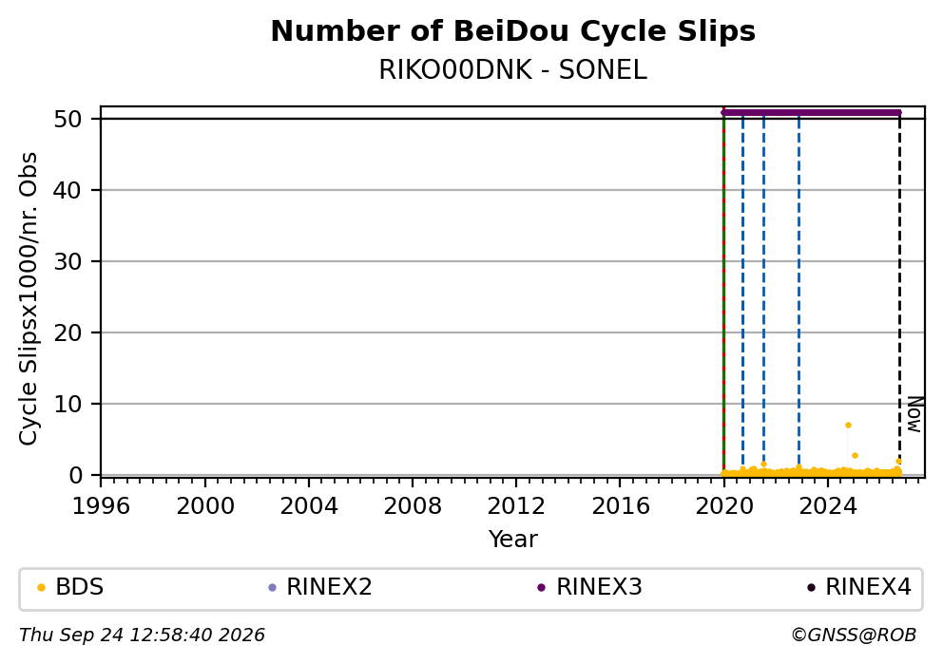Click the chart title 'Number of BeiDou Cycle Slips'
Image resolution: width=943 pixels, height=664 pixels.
(x=513, y=31)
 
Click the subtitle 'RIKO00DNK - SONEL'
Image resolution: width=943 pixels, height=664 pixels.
(x=513, y=70)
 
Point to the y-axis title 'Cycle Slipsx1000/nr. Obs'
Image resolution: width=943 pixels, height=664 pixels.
(x=28, y=298)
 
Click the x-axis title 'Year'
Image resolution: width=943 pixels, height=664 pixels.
(x=513, y=539)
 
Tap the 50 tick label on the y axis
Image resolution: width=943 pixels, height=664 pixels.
(x=67, y=119)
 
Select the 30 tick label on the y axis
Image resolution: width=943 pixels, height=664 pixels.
(x=67, y=261)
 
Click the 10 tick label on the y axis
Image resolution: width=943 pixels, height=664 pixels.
(x=67, y=404)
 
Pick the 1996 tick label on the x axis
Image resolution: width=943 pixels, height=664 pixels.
(x=101, y=506)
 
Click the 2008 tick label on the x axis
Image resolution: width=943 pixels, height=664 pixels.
(x=413, y=506)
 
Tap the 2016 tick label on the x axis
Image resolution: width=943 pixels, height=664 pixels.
(x=620, y=506)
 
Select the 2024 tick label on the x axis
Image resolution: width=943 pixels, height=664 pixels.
(x=828, y=506)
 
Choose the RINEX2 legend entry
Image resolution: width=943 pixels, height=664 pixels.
(x=320, y=587)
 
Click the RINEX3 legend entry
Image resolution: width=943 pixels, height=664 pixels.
(x=589, y=587)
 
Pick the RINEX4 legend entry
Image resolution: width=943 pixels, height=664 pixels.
(x=858, y=587)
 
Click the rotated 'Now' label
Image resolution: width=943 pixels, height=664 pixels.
(x=914, y=414)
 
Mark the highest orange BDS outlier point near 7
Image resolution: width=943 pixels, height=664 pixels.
(x=848, y=425)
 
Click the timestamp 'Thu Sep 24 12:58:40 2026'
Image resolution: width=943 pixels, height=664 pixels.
(x=142, y=636)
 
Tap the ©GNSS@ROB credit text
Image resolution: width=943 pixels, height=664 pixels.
(x=854, y=636)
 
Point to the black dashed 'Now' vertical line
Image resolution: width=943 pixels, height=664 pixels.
(x=899, y=294)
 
